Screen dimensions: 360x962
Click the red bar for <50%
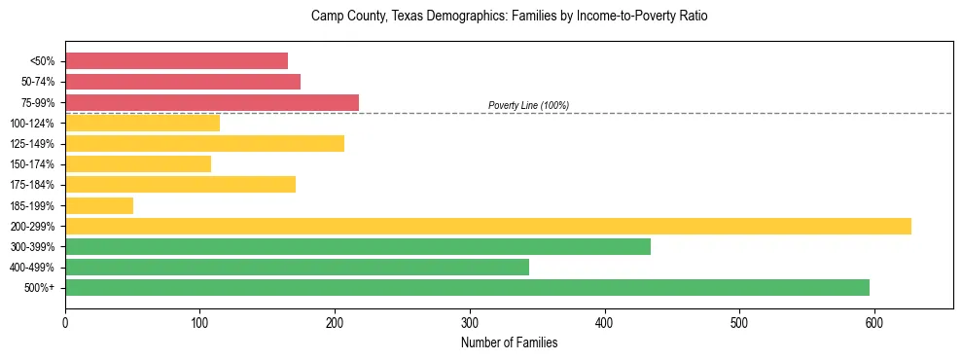176,61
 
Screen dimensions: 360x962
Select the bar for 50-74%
183,82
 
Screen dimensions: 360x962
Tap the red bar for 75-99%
212,102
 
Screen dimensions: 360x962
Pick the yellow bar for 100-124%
142,123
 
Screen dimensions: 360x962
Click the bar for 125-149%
204,144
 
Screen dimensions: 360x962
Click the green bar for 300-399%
358,246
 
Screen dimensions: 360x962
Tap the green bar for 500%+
467,287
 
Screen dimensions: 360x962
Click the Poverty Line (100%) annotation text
528,105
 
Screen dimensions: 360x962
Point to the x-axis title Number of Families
509,342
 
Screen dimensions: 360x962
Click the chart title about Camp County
509,17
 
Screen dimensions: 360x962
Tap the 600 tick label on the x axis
874,322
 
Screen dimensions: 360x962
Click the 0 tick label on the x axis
65,322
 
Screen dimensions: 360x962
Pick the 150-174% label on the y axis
32,164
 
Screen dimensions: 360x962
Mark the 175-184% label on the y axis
32,185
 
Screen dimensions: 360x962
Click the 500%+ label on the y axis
39,288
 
